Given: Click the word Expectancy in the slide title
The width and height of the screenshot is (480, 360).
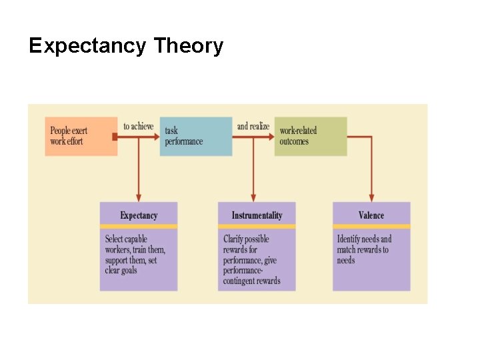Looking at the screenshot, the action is [x=87, y=47].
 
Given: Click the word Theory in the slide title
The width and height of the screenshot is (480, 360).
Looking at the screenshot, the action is [x=189, y=47].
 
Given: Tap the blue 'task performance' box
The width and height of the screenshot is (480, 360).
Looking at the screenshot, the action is [x=196, y=137].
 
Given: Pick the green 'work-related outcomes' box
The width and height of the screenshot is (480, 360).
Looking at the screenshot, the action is [x=311, y=137].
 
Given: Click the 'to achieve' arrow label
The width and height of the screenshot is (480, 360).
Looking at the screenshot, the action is [x=138, y=127].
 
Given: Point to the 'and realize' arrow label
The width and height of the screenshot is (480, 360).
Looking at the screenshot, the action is [x=253, y=127].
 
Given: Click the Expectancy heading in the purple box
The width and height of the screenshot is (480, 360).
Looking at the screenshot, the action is [x=139, y=215].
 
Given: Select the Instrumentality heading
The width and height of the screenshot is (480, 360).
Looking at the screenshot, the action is [x=257, y=215].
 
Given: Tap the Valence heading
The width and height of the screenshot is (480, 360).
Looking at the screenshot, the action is [x=371, y=215].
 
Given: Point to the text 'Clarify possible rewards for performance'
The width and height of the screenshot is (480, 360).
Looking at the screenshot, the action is [x=249, y=249].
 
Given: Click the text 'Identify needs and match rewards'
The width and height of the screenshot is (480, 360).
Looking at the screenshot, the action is [x=364, y=244].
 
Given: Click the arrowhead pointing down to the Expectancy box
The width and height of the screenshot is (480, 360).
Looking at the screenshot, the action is [x=139, y=197].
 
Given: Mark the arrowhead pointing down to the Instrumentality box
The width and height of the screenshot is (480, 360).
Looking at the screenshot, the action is [x=253, y=197].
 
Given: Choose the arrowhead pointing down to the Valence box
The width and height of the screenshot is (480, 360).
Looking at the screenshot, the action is [x=371, y=197].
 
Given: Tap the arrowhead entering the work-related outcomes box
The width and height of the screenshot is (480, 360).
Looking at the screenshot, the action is [x=271, y=137].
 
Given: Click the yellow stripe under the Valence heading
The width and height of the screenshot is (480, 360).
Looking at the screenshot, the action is [x=371, y=227].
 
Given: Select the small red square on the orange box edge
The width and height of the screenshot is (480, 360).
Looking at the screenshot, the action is [x=115, y=137].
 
